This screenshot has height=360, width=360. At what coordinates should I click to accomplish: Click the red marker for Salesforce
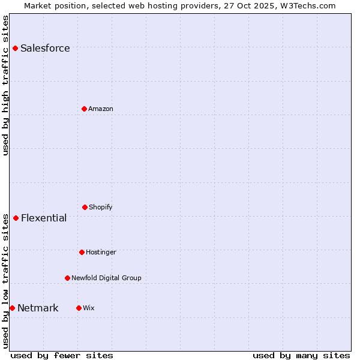(x=15, y=48)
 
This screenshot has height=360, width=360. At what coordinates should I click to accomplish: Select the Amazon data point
(x=84, y=109)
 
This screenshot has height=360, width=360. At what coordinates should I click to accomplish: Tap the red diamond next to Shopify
(x=85, y=207)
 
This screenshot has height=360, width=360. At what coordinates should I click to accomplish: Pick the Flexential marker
(x=16, y=218)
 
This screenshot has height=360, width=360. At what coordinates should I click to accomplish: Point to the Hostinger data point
(x=82, y=252)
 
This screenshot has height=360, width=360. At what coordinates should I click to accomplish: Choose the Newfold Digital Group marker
(x=67, y=278)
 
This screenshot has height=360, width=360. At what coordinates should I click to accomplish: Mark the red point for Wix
(x=79, y=308)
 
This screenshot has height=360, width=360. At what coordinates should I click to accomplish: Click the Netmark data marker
(x=12, y=308)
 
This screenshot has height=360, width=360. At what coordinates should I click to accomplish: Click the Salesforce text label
(x=45, y=49)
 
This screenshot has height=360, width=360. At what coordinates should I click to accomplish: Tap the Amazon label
(x=101, y=109)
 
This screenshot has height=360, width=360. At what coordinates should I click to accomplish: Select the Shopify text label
(x=101, y=208)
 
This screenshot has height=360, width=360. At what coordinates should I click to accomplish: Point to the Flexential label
(x=44, y=218)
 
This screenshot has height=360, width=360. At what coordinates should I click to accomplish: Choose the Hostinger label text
(x=101, y=253)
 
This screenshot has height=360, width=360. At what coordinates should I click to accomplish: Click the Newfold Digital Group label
(x=106, y=278)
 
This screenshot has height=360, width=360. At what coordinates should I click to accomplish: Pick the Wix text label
(x=89, y=308)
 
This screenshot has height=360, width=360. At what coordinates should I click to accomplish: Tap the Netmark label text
(x=38, y=308)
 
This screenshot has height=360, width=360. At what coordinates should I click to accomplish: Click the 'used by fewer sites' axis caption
(x=62, y=355)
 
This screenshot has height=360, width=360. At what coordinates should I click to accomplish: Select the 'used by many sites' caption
(x=301, y=355)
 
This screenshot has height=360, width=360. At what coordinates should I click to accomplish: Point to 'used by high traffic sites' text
(x=6, y=85)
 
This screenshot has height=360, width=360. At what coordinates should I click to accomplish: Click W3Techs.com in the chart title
(x=307, y=5)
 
